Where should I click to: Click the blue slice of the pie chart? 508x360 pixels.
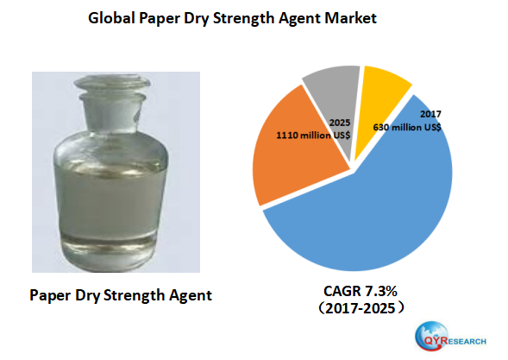click(379, 207)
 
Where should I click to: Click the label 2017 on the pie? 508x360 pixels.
click(431, 114)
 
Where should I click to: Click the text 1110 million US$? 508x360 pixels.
click(312, 136)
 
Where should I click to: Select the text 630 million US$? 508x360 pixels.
click(407, 126)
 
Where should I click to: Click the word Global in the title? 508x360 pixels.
click(112, 17)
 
